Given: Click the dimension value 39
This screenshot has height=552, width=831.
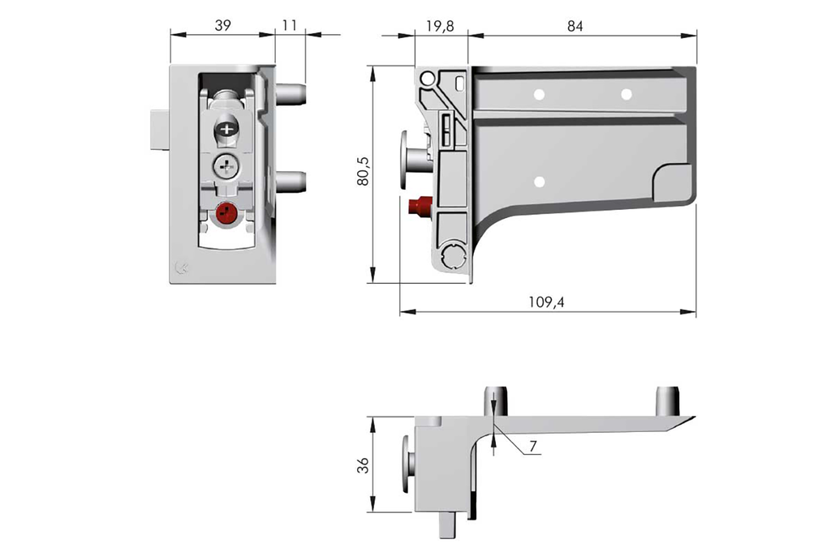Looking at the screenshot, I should pyautogui.click(x=222, y=26).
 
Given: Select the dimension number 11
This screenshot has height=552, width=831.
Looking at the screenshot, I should pyautogui.click(x=290, y=26).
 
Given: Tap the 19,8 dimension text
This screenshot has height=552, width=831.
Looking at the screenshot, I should pyautogui.click(x=440, y=26).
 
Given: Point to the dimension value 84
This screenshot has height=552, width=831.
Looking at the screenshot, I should pyautogui.click(x=575, y=26).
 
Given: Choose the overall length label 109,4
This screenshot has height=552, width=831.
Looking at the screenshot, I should pyautogui.click(x=547, y=302).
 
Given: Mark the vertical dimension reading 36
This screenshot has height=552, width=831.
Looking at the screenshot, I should pyautogui.click(x=362, y=465).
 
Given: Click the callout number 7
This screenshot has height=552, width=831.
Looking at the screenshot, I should pyautogui.click(x=532, y=447).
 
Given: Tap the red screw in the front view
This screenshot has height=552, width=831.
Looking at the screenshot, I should pyautogui.click(x=226, y=215).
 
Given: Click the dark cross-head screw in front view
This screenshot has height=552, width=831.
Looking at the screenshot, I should pyautogui.click(x=226, y=130).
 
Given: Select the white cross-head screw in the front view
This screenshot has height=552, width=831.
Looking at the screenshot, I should pyautogui.click(x=225, y=168).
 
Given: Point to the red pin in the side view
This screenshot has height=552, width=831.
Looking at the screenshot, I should pyautogui.click(x=420, y=207).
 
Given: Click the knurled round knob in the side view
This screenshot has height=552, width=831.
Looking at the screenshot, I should pyautogui.click(x=452, y=256).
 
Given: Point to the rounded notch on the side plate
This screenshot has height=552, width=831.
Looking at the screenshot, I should pyautogui.click(x=672, y=182).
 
